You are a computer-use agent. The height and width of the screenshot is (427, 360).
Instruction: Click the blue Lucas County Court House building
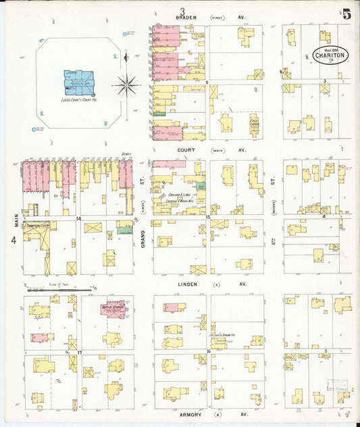pyautogui.click(x=78, y=83)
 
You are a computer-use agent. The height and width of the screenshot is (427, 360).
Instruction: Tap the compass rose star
pyautogui.click(x=126, y=85)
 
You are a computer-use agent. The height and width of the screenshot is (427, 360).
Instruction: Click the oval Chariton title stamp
pyautogui.click(x=330, y=54)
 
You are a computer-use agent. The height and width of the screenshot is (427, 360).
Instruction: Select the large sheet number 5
pyautogui.click(x=346, y=14)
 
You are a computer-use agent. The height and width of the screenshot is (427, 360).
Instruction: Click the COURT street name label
pyautogui.click(x=186, y=151)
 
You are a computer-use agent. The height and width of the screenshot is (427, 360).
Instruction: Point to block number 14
pyautogui.click(x=79, y=219)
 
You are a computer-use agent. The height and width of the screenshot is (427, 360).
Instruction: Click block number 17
pyautogui.click(x=79, y=353)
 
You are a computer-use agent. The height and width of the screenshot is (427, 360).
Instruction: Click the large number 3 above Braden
pyautogui.click(x=182, y=9)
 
